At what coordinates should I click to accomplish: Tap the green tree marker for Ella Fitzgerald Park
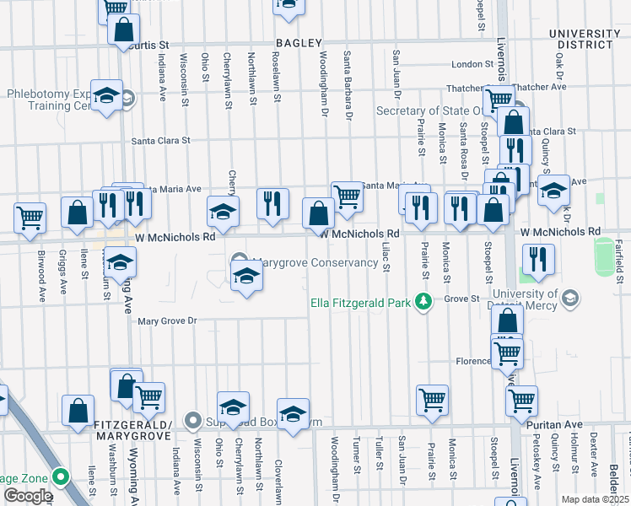pyautogui.click(x=427, y=301)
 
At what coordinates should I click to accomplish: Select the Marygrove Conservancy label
pyautogui.click(x=315, y=262)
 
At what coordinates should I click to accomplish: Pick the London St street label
pyautogui.click(x=472, y=64)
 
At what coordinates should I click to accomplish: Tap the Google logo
pyautogui.click(x=28, y=496)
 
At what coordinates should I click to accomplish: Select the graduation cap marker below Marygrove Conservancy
pyautogui.click(x=245, y=277)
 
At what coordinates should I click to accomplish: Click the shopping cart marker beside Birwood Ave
pyautogui.click(x=30, y=218)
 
